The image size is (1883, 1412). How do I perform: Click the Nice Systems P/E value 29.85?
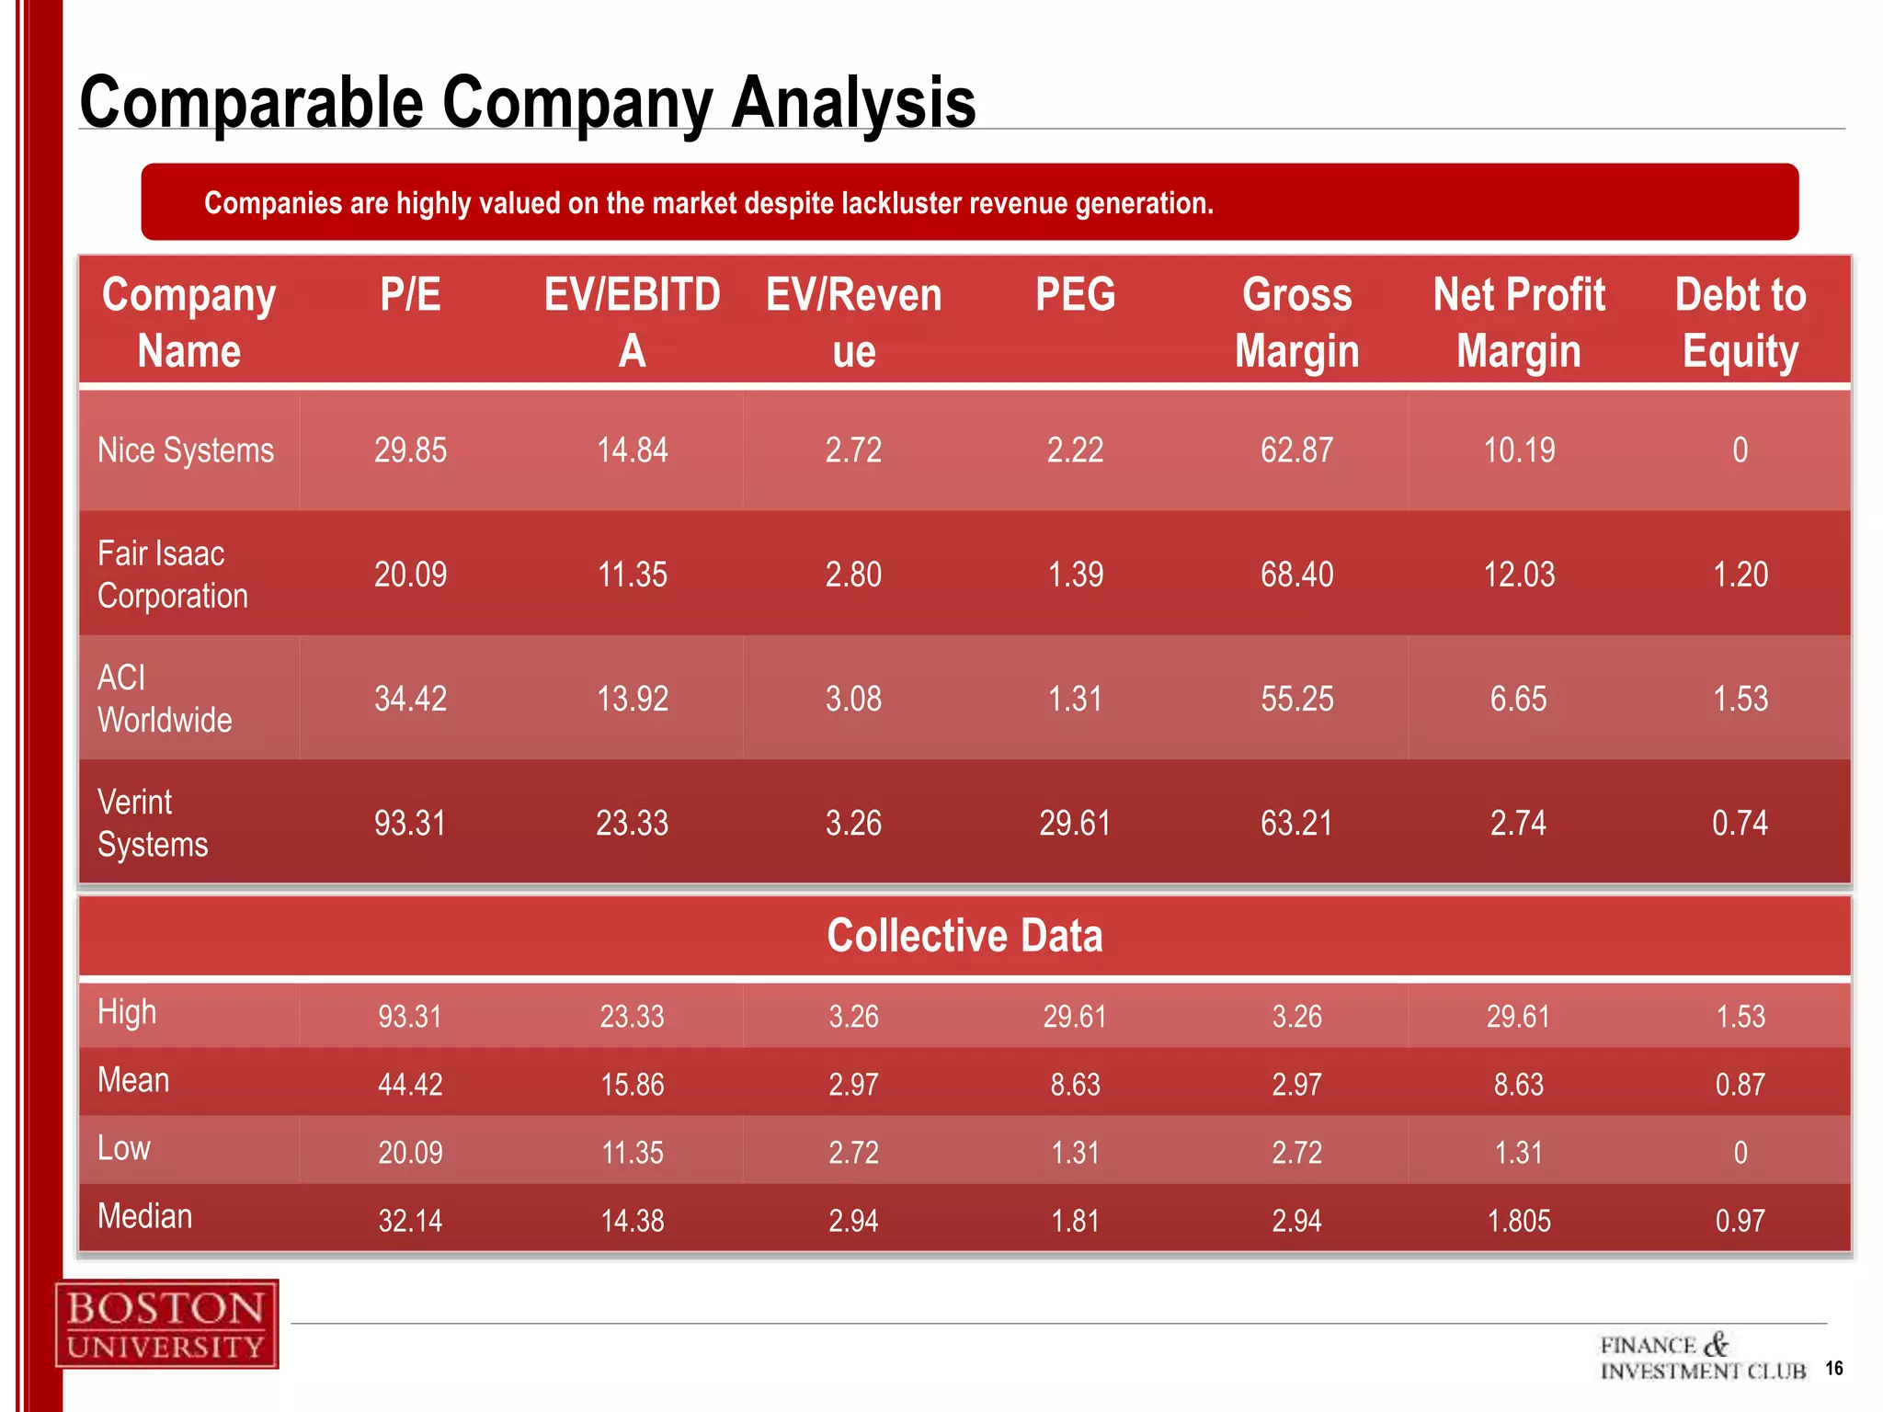tap(410, 450)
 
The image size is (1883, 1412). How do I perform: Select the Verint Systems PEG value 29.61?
tap(1075, 823)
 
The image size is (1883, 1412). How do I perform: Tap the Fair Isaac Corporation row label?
tap(173, 575)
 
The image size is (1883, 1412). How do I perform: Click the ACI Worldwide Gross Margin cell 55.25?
tap(1296, 699)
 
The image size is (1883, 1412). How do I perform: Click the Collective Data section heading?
tap(964, 936)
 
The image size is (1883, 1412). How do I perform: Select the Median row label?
tap(145, 1216)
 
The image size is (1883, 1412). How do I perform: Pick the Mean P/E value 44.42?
tap(410, 1085)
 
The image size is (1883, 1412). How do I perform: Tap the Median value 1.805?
tap(1519, 1221)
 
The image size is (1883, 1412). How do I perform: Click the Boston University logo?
tap(166, 1324)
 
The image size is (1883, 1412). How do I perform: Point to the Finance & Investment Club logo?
tap(1703, 1358)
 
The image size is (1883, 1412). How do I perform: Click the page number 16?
tap(1833, 1368)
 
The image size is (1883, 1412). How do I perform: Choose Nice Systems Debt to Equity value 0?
tap(1740, 450)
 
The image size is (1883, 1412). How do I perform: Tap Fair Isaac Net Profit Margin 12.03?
tap(1519, 575)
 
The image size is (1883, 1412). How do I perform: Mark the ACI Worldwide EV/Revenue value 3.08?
tap(853, 699)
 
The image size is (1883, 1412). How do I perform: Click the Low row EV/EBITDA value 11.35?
tap(632, 1153)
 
